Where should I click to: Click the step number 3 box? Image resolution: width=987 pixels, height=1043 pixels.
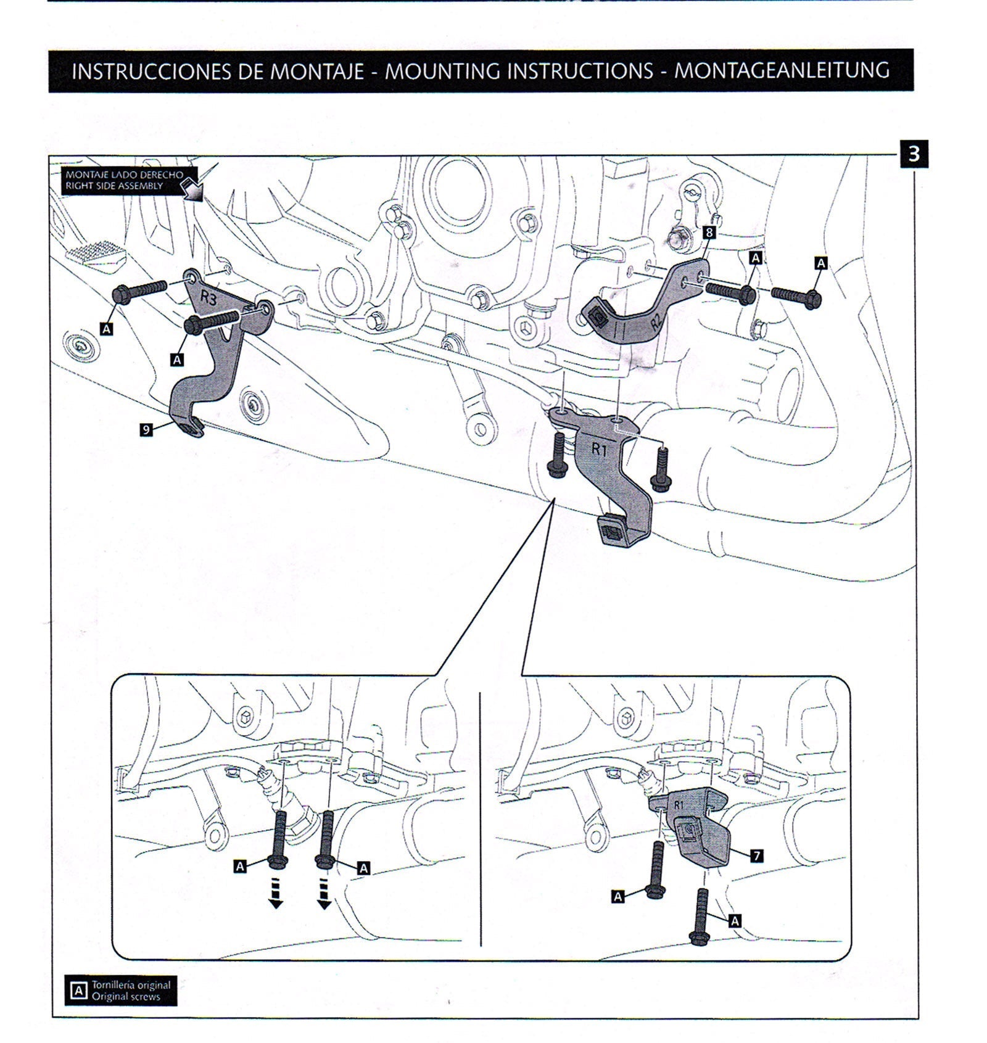914,154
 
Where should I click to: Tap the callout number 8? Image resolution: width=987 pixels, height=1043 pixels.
709,233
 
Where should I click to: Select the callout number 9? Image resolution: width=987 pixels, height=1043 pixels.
146,429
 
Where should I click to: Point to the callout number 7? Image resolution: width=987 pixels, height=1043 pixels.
756,855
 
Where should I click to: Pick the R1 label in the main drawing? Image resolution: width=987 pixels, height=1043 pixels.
600,449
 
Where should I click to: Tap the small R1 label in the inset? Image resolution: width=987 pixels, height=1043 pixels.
679,805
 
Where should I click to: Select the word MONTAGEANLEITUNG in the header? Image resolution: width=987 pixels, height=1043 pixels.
782,71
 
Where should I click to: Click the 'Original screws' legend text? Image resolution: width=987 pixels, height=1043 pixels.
126,996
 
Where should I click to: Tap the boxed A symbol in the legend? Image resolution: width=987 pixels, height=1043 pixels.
78,991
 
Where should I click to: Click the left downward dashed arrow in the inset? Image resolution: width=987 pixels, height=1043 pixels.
276,894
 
